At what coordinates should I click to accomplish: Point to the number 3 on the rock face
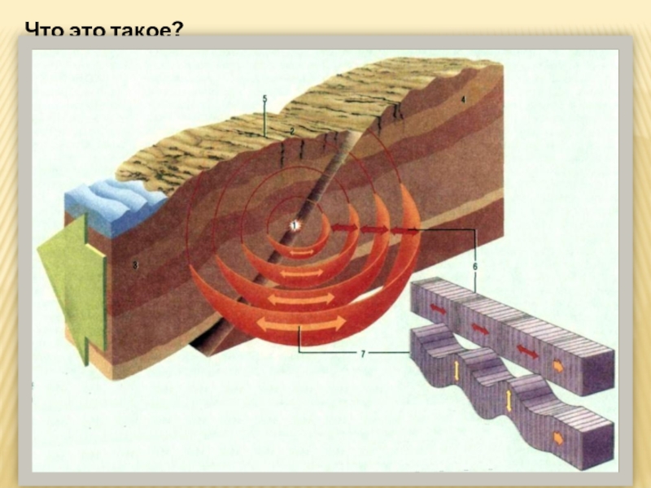(136, 264)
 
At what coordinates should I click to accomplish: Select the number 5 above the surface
(265, 98)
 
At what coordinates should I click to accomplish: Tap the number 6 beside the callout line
(474, 265)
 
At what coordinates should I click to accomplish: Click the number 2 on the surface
(292, 130)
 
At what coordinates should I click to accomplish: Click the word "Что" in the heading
(42, 31)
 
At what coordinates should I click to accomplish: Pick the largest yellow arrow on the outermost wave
(301, 324)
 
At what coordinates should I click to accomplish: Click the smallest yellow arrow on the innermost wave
(301, 253)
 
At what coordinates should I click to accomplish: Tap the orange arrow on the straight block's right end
(558, 365)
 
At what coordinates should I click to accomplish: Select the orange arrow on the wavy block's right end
(558, 437)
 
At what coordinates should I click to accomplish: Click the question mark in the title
(178, 31)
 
